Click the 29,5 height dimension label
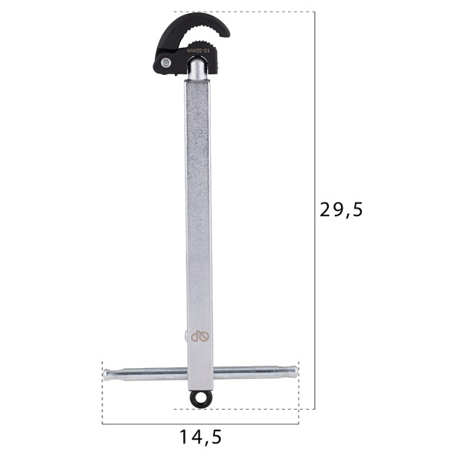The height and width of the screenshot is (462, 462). (340, 209)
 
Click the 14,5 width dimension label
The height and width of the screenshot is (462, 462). (201, 437)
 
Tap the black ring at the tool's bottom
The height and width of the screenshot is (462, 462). (203, 398)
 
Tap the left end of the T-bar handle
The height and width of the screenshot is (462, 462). (108, 374)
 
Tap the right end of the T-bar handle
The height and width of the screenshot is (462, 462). (292, 372)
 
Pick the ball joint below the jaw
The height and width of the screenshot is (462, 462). (198, 71)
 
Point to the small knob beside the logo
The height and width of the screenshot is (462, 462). (186, 335)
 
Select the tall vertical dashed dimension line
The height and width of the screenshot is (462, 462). (314, 209)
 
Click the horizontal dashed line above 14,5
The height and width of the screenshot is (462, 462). (200, 423)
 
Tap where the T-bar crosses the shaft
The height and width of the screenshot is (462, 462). (199, 373)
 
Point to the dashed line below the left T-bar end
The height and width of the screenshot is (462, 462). (102, 400)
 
